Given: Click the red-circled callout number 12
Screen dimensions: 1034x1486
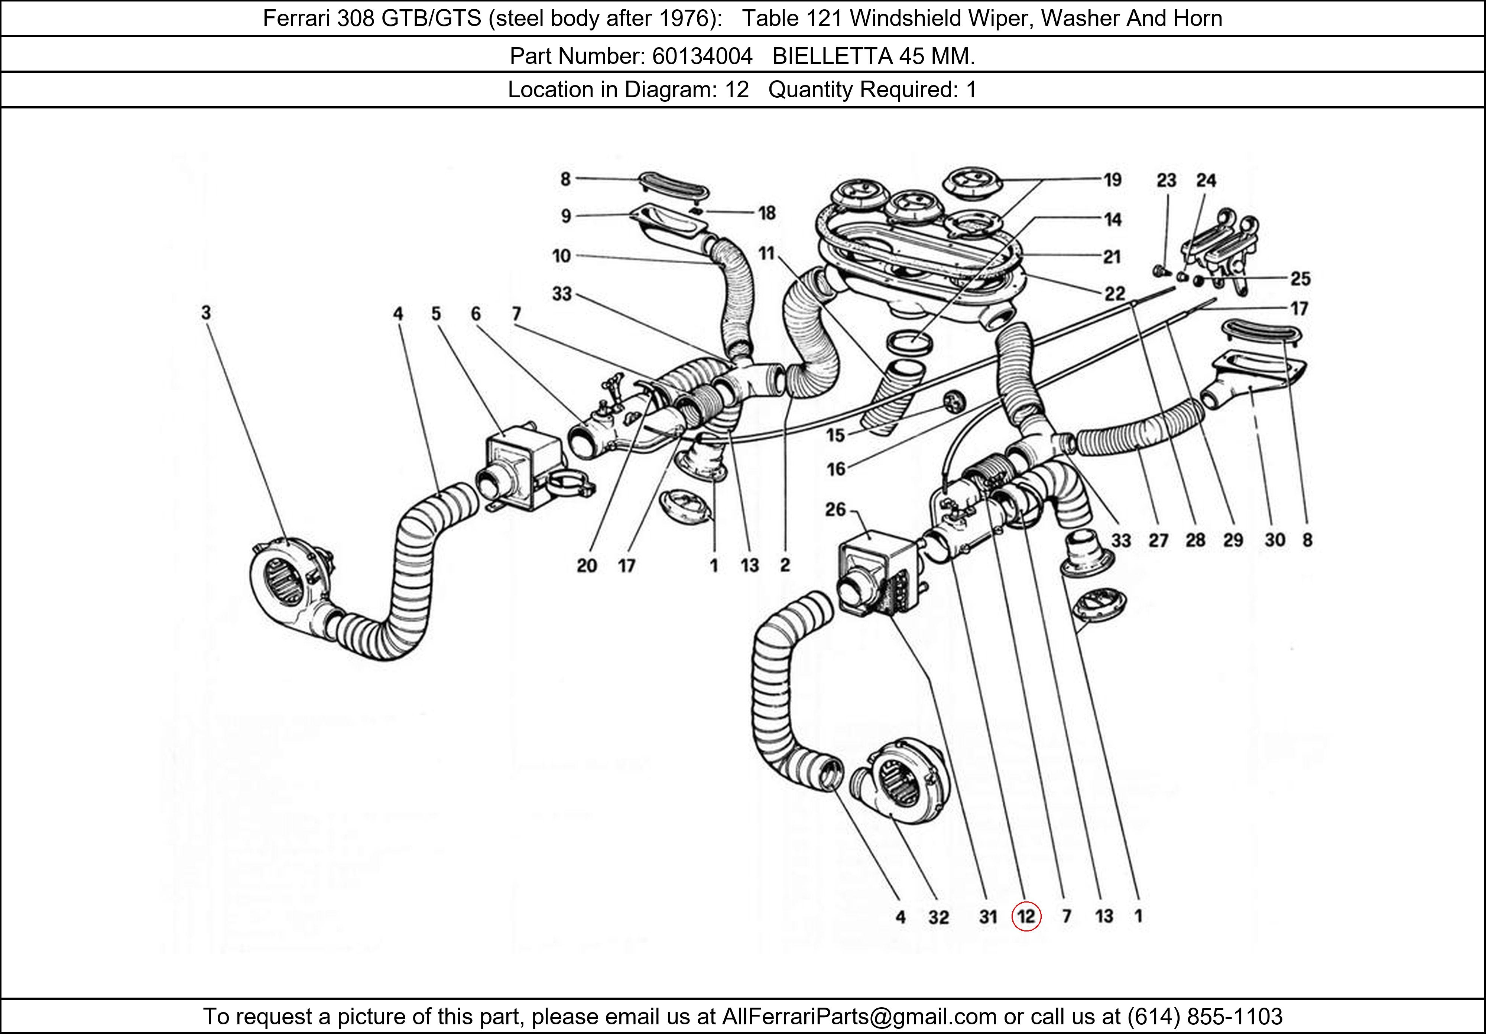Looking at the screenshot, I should pos(1026,916).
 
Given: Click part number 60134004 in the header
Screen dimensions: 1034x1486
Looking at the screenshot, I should pos(702,56).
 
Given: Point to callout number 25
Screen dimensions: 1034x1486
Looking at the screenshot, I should pos(1300,279).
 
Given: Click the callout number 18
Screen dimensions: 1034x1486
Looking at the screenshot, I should pos(767,213).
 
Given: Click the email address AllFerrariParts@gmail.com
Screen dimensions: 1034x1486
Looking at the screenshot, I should pos(859,1017).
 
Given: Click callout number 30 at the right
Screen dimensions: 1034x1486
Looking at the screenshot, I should pos(1274,540).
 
